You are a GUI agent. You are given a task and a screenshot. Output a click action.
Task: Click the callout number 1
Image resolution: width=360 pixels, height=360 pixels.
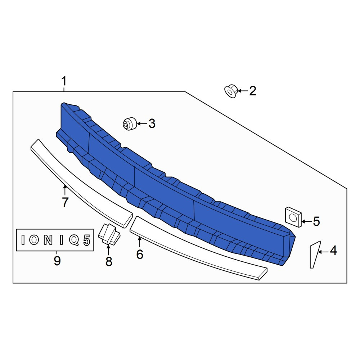click(64, 81)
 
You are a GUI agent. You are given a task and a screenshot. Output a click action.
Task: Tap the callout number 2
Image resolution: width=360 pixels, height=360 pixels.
click(253, 91)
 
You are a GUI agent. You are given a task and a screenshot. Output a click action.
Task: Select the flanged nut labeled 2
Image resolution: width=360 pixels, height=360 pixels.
click(231, 91)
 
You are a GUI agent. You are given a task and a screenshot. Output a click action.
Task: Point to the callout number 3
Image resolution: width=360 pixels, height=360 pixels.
click(152, 123)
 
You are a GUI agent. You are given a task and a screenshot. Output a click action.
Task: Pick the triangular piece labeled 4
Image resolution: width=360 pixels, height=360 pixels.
click(315, 255)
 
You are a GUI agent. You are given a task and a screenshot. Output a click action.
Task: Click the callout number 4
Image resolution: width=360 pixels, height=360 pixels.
click(333, 250)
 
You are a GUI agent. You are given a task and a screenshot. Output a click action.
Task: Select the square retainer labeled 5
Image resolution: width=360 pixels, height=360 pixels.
click(293, 217)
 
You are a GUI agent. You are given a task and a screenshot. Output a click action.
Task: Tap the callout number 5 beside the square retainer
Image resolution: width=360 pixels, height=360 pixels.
click(316, 221)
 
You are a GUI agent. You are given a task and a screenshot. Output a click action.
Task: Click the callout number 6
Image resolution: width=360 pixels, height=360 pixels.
click(140, 254)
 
